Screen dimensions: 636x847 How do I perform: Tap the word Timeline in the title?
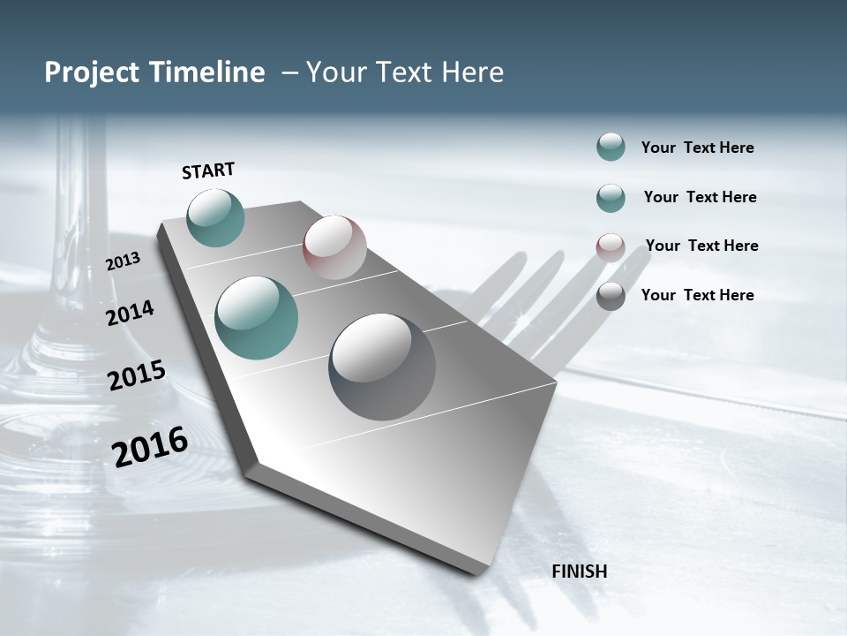click(207, 72)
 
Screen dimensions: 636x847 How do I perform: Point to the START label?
click(208, 170)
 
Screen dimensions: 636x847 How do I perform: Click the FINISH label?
click(580, 571)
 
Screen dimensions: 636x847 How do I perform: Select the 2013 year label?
click(124, 261)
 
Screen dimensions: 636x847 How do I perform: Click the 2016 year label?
click(150, 447)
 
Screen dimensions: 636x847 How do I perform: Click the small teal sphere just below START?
click(216, 217)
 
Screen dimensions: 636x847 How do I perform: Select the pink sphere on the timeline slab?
click(334, 247)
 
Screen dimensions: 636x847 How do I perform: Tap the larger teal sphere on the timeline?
click(257, 318)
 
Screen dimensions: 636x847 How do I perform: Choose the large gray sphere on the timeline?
click(382, 367)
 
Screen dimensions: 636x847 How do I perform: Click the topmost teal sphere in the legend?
click(611, 147)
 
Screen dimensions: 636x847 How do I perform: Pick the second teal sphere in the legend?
click(611, 198)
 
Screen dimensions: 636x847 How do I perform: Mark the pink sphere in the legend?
click(611, 247)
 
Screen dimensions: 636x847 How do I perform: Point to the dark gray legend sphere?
click(611, 296)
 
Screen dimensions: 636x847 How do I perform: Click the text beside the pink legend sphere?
click(701, 246)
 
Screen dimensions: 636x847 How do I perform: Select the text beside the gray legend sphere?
click(697, 295)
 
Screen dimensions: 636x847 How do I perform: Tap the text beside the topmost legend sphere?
click(697, 148)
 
